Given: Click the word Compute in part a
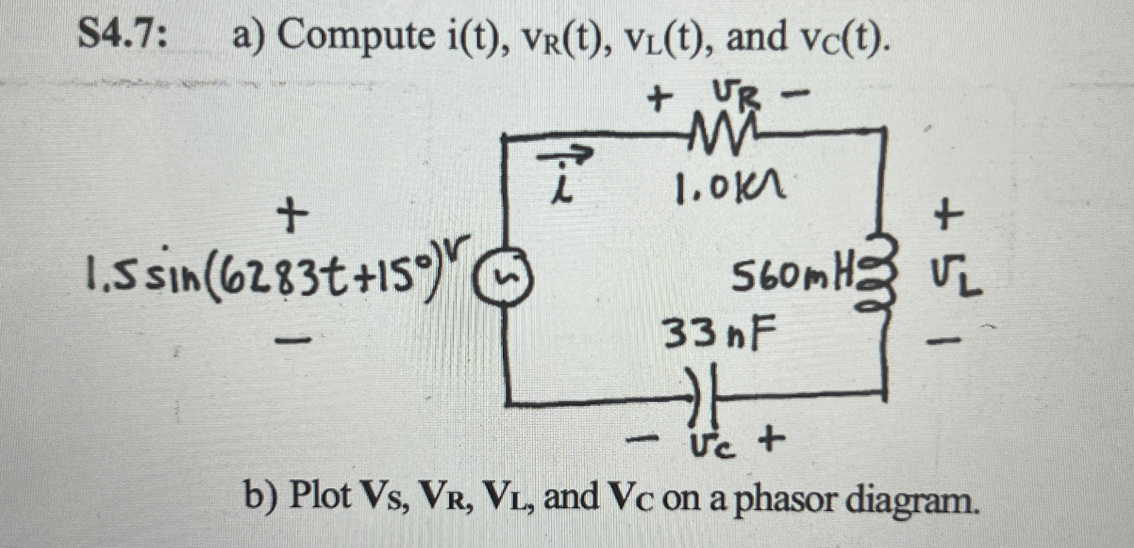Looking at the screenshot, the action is click(355, 38).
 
